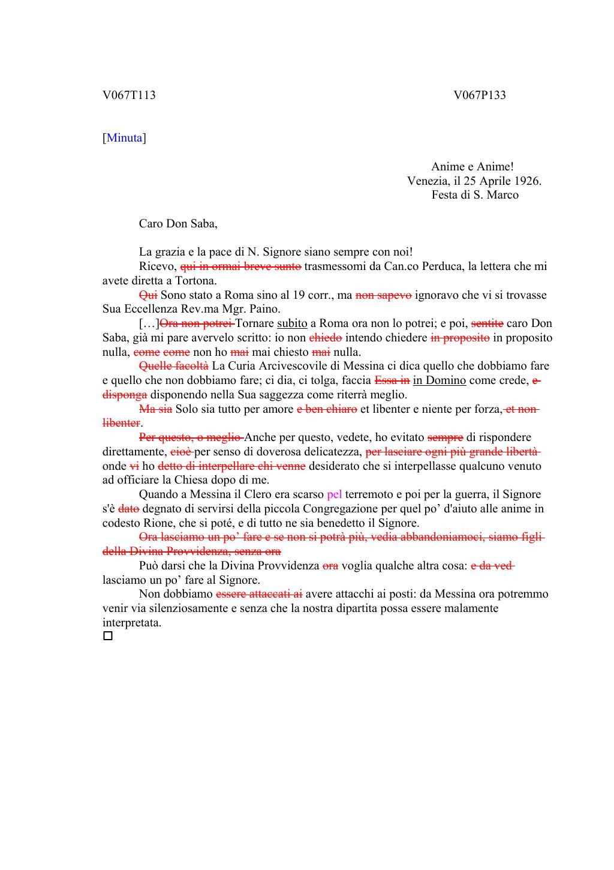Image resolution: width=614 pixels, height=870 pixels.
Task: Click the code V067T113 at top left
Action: tap(129, 95)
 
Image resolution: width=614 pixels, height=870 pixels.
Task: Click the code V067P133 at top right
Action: tap(479, 95)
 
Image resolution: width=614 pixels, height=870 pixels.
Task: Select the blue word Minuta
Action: tap(124, 138)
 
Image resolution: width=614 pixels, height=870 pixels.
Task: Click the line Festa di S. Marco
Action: tap(474, 195)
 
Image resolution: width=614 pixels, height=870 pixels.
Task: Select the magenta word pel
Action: tap(335, 494)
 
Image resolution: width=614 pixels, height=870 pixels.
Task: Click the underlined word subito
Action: tap(292, 323)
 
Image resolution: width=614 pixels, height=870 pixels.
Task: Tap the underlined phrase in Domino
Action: tap(439, 380)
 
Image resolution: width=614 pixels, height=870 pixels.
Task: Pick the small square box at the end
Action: tap(108, 636)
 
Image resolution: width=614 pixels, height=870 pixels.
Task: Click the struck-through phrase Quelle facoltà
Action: tap(174, 366)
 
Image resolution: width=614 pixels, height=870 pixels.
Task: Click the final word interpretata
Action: tap(132, 623)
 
